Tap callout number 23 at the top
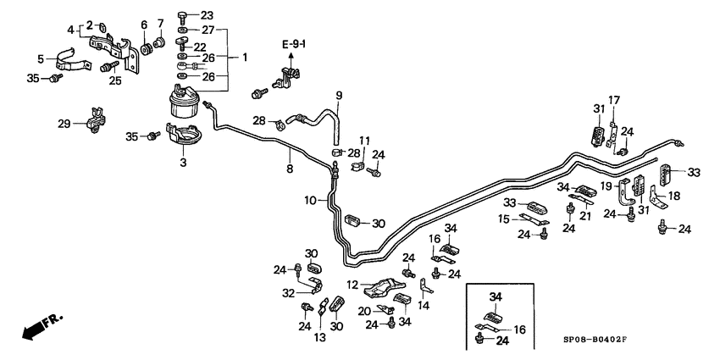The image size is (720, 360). pyautogui.click(x=208, y=15)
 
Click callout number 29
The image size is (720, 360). pyautogui.click(x=64, y=125)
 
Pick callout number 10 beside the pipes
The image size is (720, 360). pyautogui.click(x=311, y=201)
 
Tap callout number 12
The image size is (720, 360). pyautogui.click(x=352, y=285)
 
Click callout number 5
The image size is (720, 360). pyautogui.click(x=42, y=58)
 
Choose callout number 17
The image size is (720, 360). pyautogui.click(x=614, y=100)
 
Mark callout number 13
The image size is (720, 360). pyautogui.click(x=319, y=337)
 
